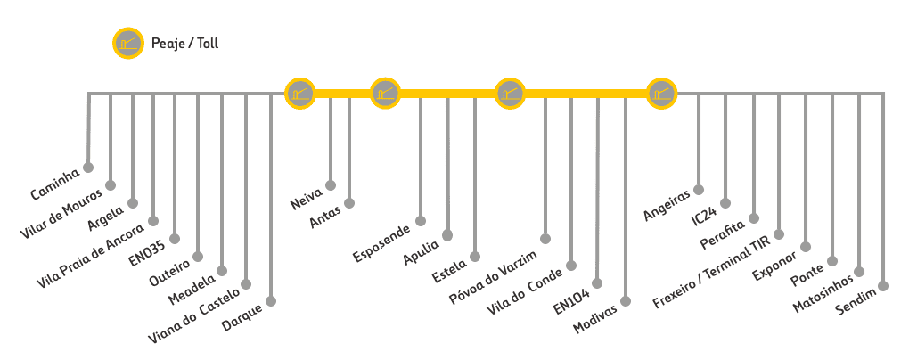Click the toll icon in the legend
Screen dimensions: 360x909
tap(128, 44)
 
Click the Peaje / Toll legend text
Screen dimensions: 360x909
tap(184, 44)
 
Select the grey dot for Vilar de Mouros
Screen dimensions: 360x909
tap(111, 185)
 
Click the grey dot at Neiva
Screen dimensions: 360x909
tap(331, 185)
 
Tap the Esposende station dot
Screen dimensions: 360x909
tap(422, 221)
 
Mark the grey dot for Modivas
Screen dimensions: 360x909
tap(626, 300)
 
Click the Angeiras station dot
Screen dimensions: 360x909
tap(699, 189)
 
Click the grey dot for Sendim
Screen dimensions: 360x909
tap(884, 286)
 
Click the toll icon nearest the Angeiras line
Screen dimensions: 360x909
tap(661, 92)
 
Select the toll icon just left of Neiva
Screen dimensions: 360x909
tap(299, 92)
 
